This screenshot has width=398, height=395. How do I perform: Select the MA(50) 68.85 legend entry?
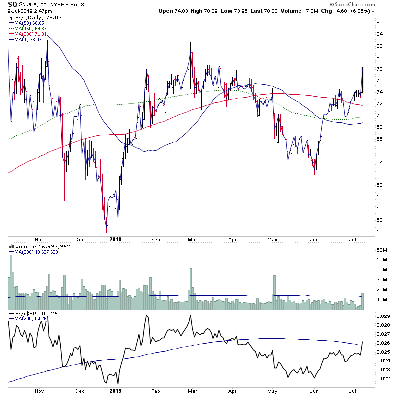click(x=27, y=23)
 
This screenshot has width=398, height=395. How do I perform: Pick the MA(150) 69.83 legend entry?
click(x=29, y=28)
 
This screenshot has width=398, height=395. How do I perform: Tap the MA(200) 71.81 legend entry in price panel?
click(x=29, y=34)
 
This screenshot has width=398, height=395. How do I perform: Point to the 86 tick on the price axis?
click(x=379, y=23)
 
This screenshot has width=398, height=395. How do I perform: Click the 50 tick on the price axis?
click(x=379, y=232)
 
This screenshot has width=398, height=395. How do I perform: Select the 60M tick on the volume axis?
click(x=381, y=250)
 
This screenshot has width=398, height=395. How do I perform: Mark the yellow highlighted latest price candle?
click(x=362, y=79)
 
